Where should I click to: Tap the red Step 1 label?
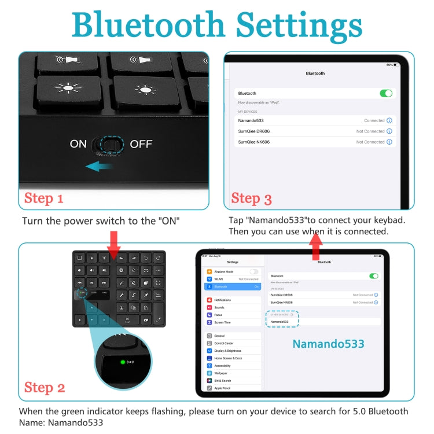[x=43, y=198]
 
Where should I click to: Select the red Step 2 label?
[x=45, y=388]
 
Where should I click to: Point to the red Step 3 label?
[x=251, y=198]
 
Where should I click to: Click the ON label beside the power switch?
[x=78, y=144]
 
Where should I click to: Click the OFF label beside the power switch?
[x=141, y=144]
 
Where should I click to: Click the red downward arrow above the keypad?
[x=114, y=242]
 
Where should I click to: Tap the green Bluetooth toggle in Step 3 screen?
[x=385, y=93]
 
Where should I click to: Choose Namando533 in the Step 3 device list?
[x=251, y=121]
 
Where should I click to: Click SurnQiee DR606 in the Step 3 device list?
[x=254, y=131]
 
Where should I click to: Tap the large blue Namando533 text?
[x=328, y=344]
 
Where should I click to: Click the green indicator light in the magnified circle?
[x=122, y=362]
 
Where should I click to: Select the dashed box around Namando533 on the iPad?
[x=282, y=318]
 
